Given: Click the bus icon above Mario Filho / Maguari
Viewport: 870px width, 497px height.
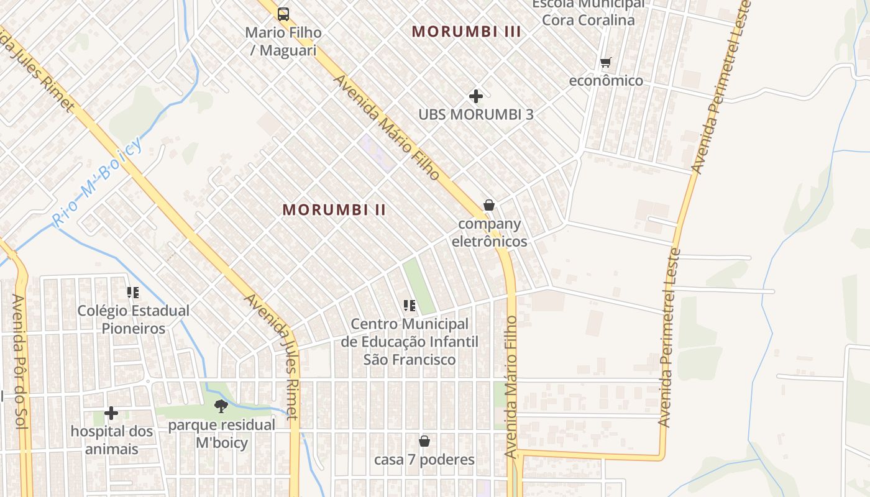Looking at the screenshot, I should tap(283, 14).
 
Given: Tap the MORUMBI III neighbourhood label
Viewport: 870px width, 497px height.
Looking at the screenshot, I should tap(466, 31).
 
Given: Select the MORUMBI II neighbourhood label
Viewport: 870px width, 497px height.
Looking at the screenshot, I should tap(334, 210).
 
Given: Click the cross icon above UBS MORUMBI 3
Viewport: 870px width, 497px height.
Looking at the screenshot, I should tap(476, 96).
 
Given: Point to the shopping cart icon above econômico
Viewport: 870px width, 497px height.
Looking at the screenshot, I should tap(606, 62).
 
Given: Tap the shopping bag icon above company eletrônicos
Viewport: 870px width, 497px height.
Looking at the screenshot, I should tap(489, 205).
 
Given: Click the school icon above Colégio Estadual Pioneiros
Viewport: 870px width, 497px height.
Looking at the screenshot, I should tap(132, 292).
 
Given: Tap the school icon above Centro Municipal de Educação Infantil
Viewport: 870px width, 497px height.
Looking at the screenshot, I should tap(410, 305).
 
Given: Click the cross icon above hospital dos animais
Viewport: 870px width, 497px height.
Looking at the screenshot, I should tap(111, 413).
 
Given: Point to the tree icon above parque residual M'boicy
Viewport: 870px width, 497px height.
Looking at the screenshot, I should tap(221, 407).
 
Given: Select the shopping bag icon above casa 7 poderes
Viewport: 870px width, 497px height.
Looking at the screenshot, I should tap(424, 441).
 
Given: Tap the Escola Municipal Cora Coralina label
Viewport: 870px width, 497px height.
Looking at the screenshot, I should tap(588, 12).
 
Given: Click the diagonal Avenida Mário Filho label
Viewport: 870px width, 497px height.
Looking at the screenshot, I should tap(387, 128).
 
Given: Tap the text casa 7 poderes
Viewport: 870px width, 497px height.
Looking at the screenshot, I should tap(424, 460).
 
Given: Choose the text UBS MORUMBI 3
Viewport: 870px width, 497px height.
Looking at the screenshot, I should tap(476, 114).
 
